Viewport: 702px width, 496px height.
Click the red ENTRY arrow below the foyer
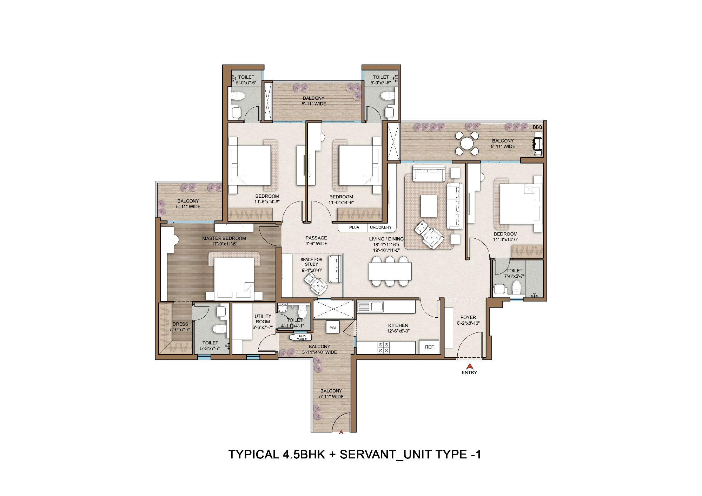click(x=469, y=366)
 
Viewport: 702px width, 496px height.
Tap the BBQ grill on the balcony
click(x=537, y=144)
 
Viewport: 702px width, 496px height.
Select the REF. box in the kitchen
click(x=430, y=347)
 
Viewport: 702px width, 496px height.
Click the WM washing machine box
click(x=332, y=328)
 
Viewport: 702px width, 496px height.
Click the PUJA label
click(x=354, y=227)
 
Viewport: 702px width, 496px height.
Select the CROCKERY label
click(x=380, y=227)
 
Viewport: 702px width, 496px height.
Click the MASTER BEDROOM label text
click(x=224, y=238)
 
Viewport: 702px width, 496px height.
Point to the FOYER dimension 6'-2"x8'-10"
click(x=468, y=323)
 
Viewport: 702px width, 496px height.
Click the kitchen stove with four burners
click(x=383, y=348)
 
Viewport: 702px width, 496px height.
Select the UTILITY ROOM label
click(x=263, y=319)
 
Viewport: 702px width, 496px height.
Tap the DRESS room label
click(x=180, y=324)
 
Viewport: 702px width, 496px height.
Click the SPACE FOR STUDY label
click(x=311, y=262)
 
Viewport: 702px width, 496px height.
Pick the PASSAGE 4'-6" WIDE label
click(x=316, y=240)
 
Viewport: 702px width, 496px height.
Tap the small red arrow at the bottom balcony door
click(x=340, y=432)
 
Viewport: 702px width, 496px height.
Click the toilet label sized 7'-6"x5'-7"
click(x=514, y=273)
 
